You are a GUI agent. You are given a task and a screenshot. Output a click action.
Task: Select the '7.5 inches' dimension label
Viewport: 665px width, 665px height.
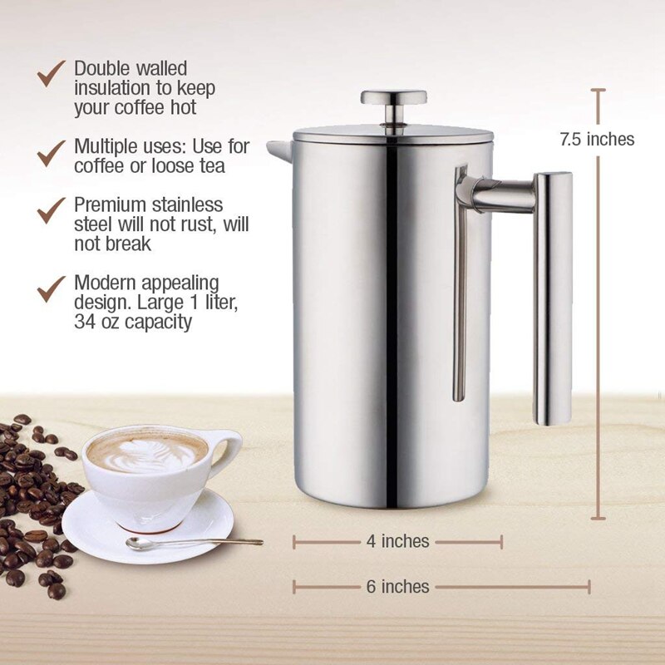[597, 140]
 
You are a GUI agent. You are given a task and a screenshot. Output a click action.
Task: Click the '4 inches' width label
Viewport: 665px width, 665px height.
[397, 541]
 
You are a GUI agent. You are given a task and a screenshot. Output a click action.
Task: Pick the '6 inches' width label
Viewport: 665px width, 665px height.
[397, 586]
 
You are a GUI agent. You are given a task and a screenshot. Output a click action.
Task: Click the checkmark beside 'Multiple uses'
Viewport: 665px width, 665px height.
[52, 152]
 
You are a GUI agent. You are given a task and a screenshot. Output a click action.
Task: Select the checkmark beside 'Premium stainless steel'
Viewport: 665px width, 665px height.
[52, 209]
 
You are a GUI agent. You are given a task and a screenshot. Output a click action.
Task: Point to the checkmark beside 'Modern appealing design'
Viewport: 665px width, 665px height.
[52, 287]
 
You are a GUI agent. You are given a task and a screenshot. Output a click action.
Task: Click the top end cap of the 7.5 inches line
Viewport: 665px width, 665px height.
[599, 90]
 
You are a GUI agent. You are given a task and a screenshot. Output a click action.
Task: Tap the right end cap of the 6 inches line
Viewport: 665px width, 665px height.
[589, 586]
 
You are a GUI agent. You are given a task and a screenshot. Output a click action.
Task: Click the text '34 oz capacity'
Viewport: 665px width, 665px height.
[133, 321]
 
